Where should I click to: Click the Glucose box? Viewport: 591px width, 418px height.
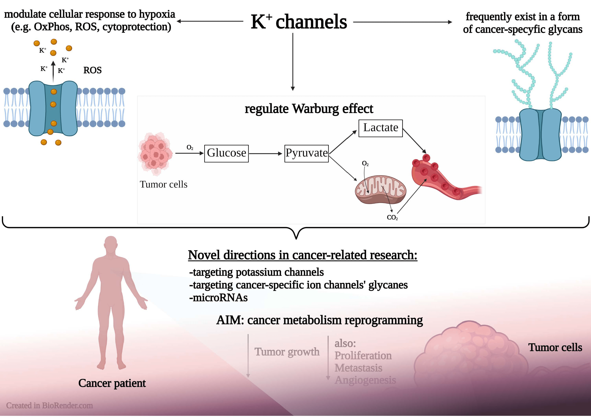coord(226,153)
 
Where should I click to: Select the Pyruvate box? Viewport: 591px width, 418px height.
coord(306,153)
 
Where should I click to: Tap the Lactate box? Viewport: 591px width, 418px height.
coord(380,128)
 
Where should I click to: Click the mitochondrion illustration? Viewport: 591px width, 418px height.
coord(380,190)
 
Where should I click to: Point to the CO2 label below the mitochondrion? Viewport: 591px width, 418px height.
coord(392,218)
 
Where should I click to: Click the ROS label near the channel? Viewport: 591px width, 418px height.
coord(92,70)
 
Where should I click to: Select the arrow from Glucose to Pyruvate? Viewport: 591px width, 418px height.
coord(266,154)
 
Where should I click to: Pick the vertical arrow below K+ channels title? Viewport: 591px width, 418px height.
coord(293,62)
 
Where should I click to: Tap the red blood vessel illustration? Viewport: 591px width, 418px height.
coord(440,180)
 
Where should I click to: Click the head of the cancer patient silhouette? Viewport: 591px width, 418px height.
coord(111,243)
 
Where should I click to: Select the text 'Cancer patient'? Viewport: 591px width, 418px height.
coord(112,383)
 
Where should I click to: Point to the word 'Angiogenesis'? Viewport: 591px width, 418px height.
coord(365,380)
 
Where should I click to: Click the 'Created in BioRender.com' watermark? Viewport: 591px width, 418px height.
coord(49,406)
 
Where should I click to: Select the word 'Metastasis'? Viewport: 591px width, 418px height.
coord(358,368)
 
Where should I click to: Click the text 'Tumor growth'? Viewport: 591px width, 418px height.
coord(287,352)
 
